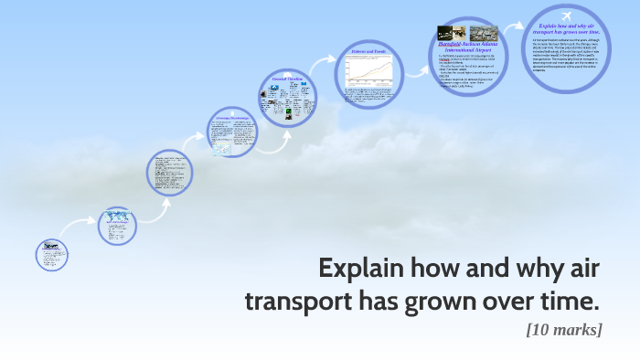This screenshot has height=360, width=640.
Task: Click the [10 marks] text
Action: click(x=563, y=329)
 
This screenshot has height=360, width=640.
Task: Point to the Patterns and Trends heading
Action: click(x=368, y=52)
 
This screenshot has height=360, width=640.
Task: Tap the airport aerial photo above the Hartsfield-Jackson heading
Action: click(x=485, y=33)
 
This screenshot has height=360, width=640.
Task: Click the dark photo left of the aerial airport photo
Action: click(x=452, y=33)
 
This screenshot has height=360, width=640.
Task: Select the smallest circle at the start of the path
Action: click(x=52, y=254)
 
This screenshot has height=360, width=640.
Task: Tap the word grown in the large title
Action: click(x=441, y=301)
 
